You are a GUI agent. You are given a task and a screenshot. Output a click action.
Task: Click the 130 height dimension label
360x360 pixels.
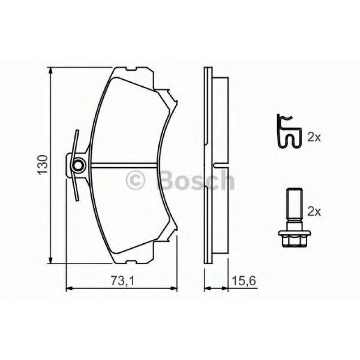click(x=43, y=165)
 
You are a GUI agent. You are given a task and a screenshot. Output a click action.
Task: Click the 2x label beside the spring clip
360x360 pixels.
click(x=314, y=137)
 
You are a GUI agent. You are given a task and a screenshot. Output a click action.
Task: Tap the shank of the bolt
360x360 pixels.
click(x=292, y=206)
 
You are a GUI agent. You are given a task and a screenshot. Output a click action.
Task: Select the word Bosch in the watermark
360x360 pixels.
click(x=197, y=180)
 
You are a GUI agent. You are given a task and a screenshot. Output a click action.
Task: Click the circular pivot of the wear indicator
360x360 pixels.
click(x=78, y=165)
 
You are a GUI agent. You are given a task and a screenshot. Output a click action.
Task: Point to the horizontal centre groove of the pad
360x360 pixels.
click(x=127, y=165)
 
